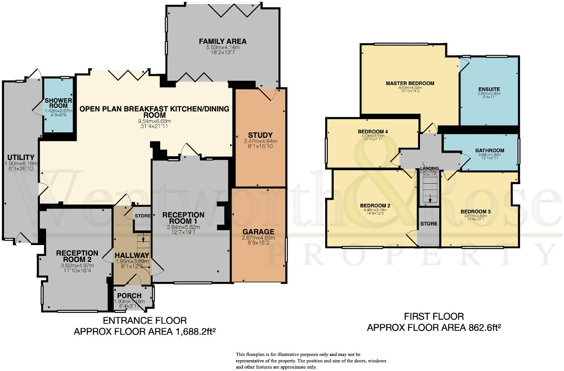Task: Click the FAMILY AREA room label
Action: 223,41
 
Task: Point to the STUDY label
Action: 260,135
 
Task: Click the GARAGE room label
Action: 258,231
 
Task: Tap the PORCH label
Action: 129,296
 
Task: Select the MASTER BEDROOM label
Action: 410,84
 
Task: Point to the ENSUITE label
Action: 489,89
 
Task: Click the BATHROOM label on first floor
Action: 490,150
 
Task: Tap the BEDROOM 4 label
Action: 372,131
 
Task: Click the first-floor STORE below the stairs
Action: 429,224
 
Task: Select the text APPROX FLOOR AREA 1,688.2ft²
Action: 144,332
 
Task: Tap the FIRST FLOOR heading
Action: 434,316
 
